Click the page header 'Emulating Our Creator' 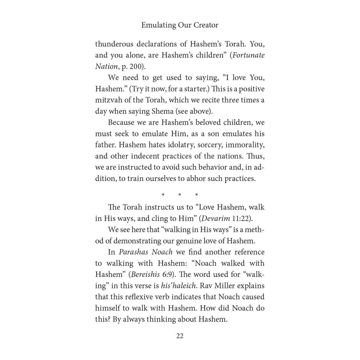(180, 25)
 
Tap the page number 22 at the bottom (180, 336)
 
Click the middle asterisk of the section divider (180, 195)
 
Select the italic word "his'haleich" (178, 286)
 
